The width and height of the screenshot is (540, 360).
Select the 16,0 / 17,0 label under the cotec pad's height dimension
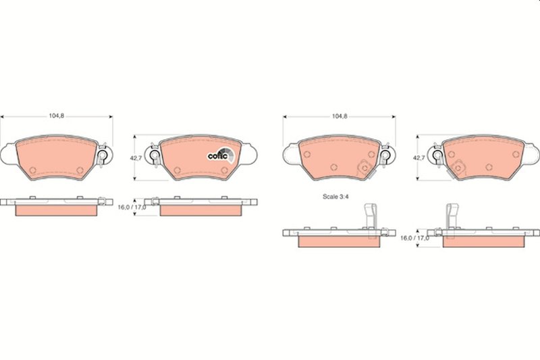tap(133, 207)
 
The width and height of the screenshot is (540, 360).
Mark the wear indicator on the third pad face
tap(363, 166)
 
